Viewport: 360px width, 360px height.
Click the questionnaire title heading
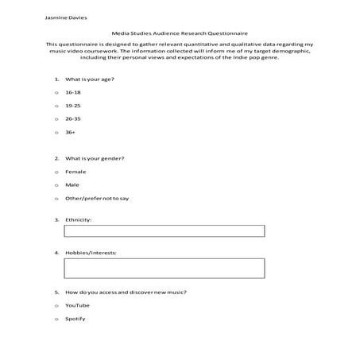tap(180, 34)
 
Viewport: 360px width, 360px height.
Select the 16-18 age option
tap(74, 92)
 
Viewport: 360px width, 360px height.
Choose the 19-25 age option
tap(74, 105)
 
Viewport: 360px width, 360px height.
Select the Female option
tap(76, 172)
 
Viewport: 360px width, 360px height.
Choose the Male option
tap(72, 184)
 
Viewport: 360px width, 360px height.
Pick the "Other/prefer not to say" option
tap(97, 198)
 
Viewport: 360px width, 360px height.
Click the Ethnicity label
tap(79, 219)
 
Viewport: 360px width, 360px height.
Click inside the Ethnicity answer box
tap(164, 231)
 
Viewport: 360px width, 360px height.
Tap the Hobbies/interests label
tap(91, 253)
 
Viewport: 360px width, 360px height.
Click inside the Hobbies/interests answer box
tap(164, 268)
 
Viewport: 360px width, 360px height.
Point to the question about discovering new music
tap(126, 292)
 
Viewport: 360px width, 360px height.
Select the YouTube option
tap(78, 305)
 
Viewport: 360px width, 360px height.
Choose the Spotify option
tap(75, 319)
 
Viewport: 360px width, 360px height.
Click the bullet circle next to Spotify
tap(56, 319)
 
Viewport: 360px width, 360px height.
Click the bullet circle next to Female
tap(56, 172)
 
